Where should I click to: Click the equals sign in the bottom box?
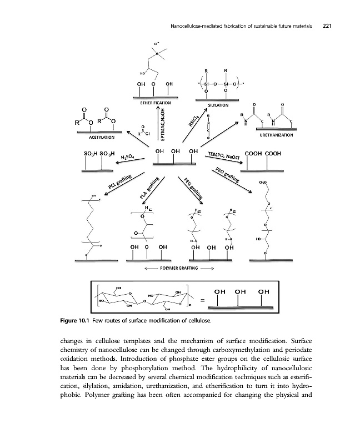pos(202,300)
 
